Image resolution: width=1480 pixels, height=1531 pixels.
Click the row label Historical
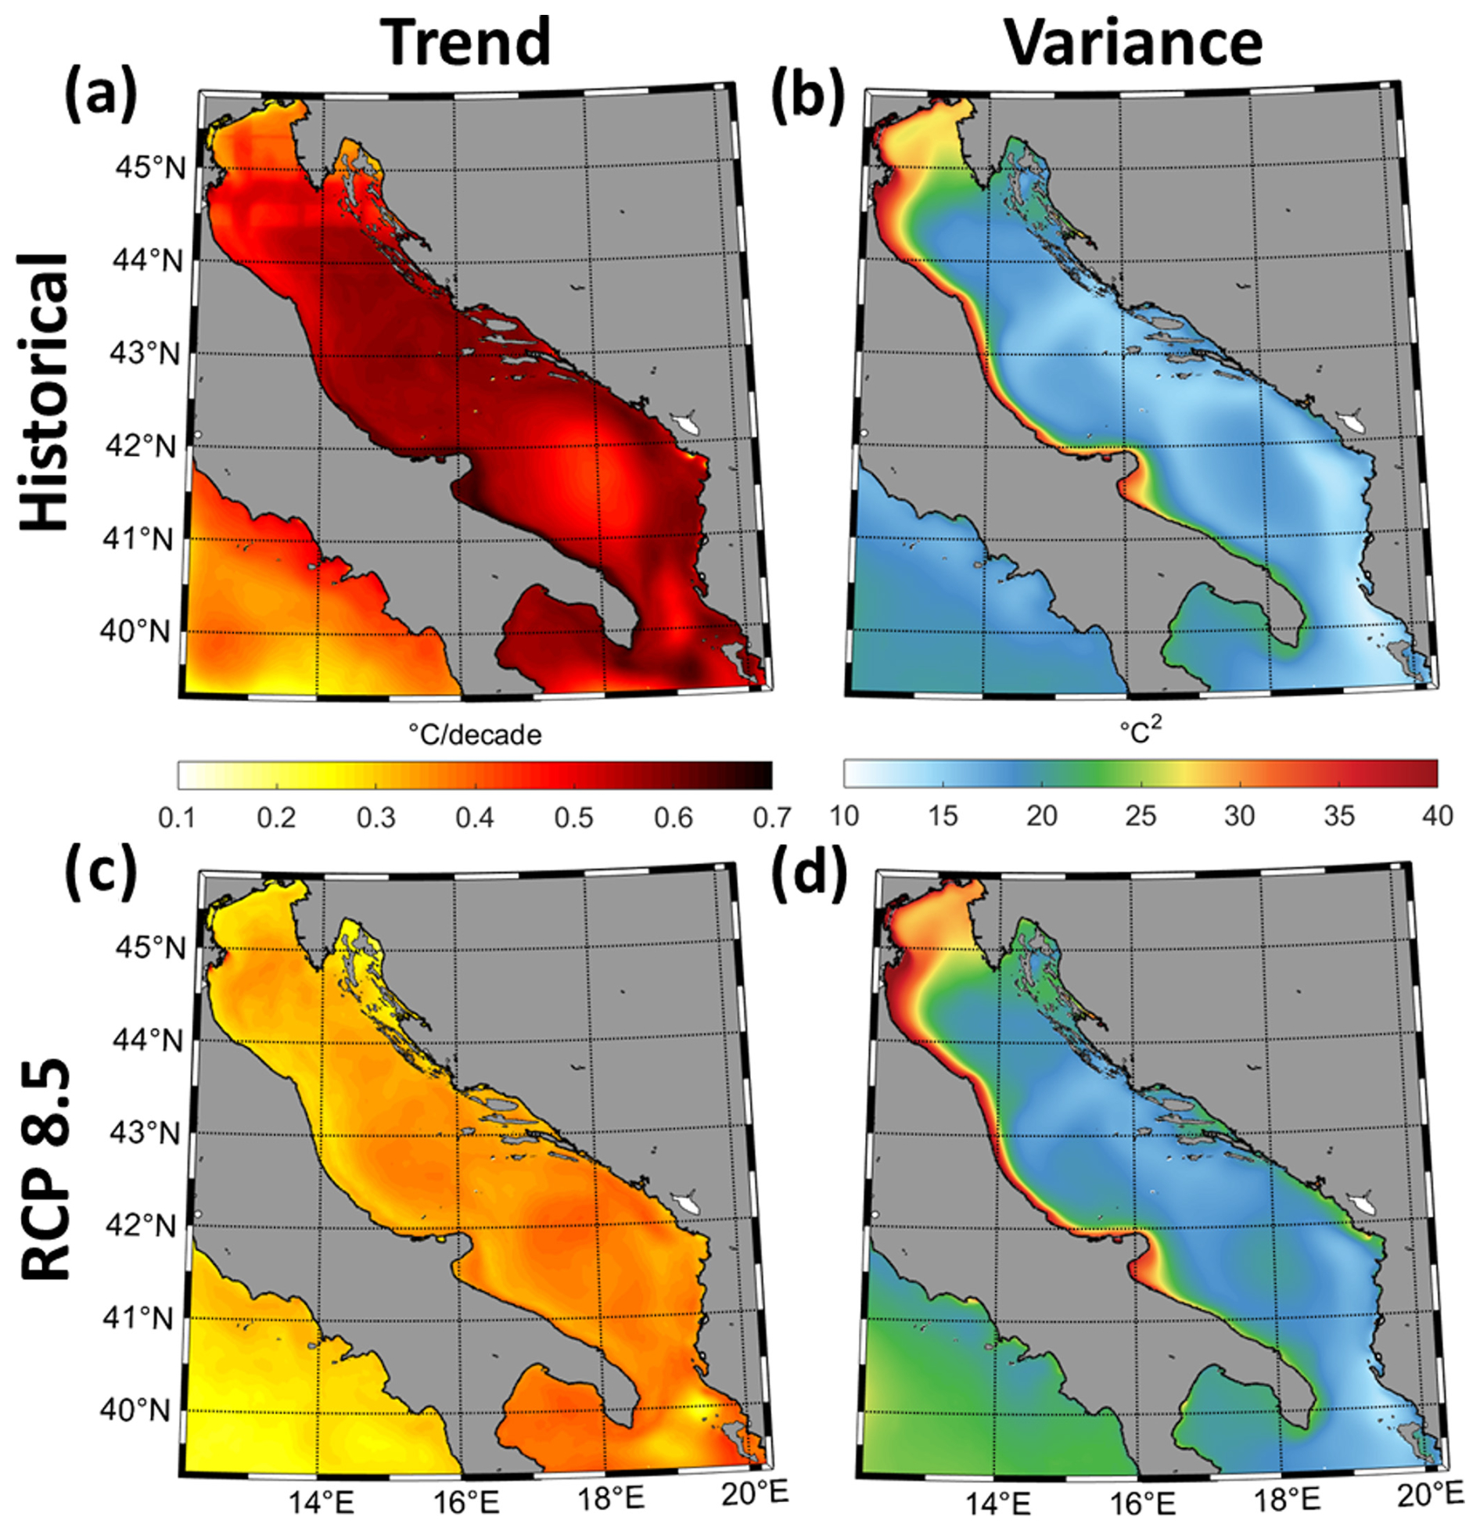44,391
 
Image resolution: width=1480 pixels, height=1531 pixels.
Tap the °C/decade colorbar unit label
475,735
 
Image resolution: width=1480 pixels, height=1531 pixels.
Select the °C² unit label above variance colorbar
1141,731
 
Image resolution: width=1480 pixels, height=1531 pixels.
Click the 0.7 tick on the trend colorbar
771,818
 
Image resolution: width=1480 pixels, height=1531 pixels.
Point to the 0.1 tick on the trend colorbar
178,818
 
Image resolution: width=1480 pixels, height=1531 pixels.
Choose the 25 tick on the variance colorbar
1141,816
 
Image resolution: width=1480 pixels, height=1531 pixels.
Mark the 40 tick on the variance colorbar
1436,816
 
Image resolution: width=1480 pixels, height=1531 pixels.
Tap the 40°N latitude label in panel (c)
134,1410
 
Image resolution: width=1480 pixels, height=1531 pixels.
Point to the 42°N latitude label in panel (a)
141,446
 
